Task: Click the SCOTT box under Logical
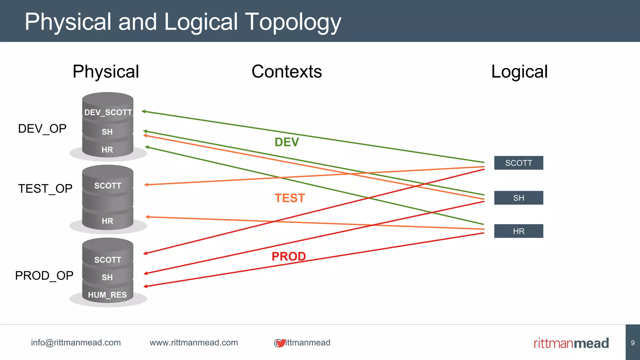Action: (x=518, y=163)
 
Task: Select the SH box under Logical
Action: (x=518, y=198)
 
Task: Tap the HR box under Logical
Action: (x=518, y=231)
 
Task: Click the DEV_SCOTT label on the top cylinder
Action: (x=108, y=112)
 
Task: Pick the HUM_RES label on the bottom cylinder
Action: (x=107, y=295)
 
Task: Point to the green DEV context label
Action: (x=287, y=142)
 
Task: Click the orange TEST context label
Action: (x=289, y=198)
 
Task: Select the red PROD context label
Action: (x=288, y=257)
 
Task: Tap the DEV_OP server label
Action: (x=42, y=129)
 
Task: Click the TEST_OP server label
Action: (x=45, y=189)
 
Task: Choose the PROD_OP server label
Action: (x=44, y=276)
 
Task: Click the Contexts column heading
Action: (x=287, y=72)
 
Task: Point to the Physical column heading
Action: (x=106, y=72)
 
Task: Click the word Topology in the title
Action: (x=293, y=22)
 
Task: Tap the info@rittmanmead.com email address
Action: (x=76, y=342)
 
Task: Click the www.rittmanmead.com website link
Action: (x=194, y=342)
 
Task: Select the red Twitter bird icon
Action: (x=281, y=343)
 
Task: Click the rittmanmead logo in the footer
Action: (x=571, y=343)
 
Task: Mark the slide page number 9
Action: (x=632, y=343)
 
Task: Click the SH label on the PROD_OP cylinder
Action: (x=107, y=277)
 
